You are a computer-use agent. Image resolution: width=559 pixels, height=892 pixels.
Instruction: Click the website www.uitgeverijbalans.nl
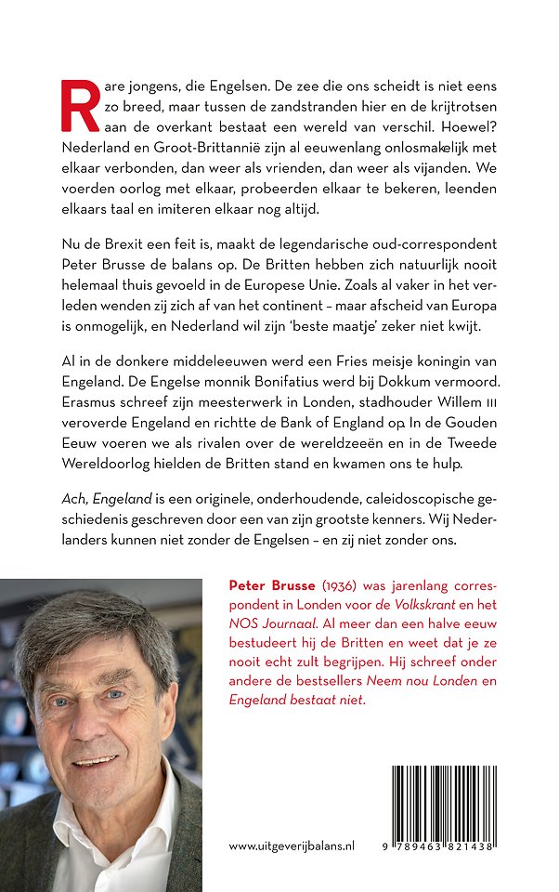292,846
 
